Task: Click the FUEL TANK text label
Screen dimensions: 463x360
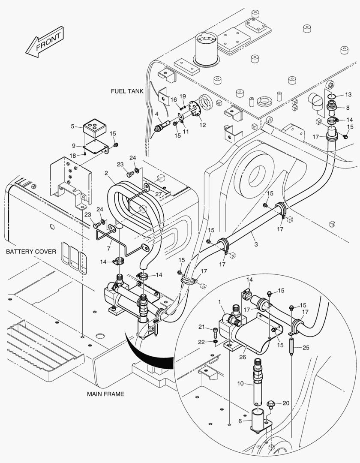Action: tap(127, 91)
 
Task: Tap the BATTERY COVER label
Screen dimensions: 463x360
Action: tap(31, 251)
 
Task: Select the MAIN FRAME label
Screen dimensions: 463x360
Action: tap(105, 394)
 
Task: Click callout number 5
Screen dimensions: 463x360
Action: tap(73, 126)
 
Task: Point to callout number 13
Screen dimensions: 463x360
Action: tap(348, 94)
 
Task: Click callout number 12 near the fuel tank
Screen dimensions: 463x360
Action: tap(202, 125)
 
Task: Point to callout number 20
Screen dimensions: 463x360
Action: tap(285, 403)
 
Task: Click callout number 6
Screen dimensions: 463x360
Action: tap(240, 421)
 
